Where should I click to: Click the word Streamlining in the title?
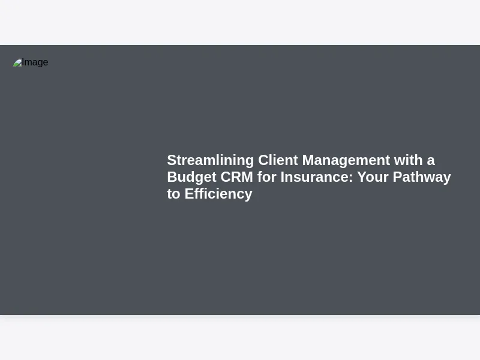click(211, 161)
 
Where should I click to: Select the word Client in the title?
click(278, 160)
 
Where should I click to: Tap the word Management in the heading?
click(346, 161)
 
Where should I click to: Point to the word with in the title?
click(408, 160)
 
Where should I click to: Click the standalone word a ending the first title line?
click(431, 161)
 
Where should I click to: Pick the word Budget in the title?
click(191, 178)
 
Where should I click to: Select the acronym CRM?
click(236, 177)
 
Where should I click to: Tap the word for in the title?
click(266, 177)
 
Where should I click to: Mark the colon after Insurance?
click(351, 178)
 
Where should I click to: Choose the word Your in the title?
click(373, 177)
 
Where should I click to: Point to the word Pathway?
click(422, 178)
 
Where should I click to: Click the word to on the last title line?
click(173, 194)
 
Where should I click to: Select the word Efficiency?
click(218, 194)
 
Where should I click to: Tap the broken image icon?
click(17, 62)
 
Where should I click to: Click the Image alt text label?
click(35, 62)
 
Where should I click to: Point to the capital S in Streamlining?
click(172, 160)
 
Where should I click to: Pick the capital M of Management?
click(308, 160)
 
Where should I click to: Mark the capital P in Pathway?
click(397, 177)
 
